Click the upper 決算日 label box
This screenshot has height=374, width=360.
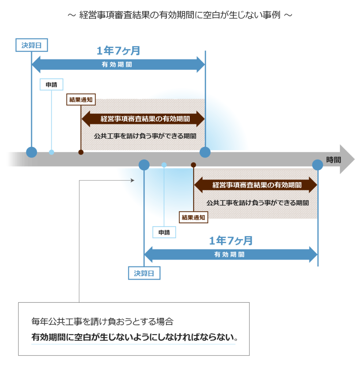[31, 45]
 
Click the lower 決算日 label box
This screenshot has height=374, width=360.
[144, 273]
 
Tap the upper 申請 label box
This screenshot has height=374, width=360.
[51, 84]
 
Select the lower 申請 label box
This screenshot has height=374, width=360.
[164, 232]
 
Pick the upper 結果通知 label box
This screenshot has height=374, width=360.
[81, 99]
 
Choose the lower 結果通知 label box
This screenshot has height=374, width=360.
[194, 217]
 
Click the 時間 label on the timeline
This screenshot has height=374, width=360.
[333, 160]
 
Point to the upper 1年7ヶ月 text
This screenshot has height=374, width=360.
[118, 50]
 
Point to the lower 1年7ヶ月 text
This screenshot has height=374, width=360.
[231, 240]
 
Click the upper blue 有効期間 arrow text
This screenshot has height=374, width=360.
[117, 64]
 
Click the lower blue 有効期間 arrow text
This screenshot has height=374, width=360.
[230, 255]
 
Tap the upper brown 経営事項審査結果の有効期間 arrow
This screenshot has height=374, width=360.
[143, 119]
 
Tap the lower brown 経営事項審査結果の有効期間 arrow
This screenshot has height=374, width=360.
[256, 185]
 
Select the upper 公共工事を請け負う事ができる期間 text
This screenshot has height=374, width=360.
[145, 136]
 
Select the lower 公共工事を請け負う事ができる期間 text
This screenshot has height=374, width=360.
[258, 203]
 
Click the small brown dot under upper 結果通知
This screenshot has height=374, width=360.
[81, 152]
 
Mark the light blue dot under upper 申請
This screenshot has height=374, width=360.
[52, 152]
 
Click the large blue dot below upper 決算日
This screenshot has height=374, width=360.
[31, 152]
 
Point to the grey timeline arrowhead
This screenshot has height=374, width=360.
[347, 159]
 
